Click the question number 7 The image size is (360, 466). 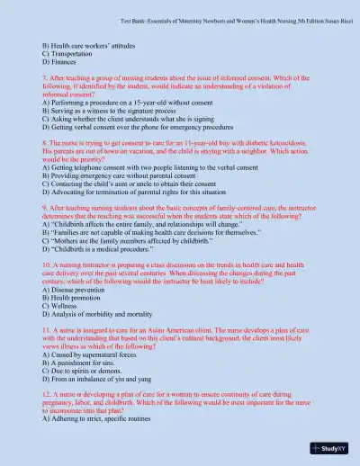(x=45, y=80)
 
